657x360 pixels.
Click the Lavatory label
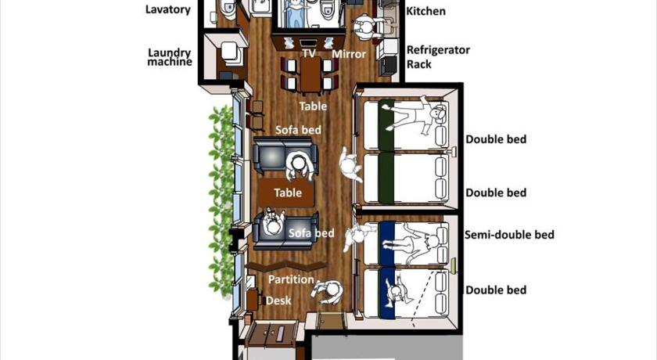(x=167, y=10)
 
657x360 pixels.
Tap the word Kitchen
(x=425, y=11)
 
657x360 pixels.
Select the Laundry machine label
(x=170, y=57)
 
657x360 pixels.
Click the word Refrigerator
(x=438, y=50)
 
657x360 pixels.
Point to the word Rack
(x=419, y=64)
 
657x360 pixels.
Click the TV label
(x=309, y=54)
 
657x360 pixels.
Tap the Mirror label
(x=349, y=54)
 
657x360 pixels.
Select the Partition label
(x=291, y=279)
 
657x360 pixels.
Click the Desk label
(x=278, y=301)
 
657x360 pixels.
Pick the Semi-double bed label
(x=509, y=235)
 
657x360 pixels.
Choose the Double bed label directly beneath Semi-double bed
(x=496, y=290)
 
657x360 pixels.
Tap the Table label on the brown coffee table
(x=288, y=193)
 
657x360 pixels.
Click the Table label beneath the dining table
(x=313, y=106)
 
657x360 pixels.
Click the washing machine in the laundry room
(x=231, y=53)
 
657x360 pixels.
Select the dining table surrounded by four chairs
(x=311, y=75)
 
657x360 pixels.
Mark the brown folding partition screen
(x=285, y=266)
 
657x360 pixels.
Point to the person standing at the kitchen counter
(x=364, y=27)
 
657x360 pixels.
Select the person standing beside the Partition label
(x=328, y=291)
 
